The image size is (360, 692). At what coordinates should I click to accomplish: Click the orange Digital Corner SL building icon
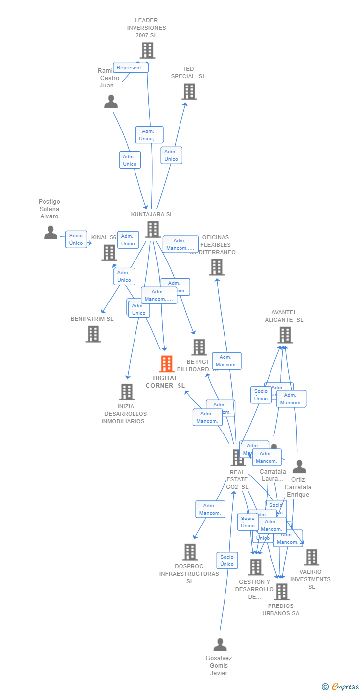click(166, 364)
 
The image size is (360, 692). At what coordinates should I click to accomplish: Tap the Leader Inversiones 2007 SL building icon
click(147, 50)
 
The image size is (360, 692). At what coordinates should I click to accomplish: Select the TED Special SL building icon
click(189, 91)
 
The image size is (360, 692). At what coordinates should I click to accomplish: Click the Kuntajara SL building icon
click(153, 229)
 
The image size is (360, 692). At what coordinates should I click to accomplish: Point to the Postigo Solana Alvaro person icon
click(50, 232)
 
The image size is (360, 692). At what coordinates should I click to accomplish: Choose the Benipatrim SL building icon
click(93, 334)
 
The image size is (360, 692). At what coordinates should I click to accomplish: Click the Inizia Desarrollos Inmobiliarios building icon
click(127, 392)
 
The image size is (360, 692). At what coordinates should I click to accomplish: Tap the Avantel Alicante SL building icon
click(285, 335)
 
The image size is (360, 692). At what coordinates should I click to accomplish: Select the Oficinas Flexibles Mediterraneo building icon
click(216, 267)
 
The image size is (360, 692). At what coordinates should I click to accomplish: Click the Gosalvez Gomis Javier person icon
click(220, 645)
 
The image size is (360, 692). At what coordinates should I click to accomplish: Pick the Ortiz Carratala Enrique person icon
click(299, 467)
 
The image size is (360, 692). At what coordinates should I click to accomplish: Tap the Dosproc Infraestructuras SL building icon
click(190, 552)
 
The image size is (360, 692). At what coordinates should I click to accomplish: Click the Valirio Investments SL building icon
click(311, 558)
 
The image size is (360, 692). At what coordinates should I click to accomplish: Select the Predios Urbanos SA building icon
click(281, 592)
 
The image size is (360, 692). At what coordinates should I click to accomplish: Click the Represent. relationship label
click(131, 68)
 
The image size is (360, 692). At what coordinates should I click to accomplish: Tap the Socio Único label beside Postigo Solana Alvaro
click(76, 239)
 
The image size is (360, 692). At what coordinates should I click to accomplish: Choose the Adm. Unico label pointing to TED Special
click(171, 155)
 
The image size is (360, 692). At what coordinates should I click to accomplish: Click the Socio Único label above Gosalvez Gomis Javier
click(227, 561)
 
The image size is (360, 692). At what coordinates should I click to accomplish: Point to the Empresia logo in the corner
click(341, 686)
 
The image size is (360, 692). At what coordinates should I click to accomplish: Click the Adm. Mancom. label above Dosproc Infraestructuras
click(210, 509)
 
